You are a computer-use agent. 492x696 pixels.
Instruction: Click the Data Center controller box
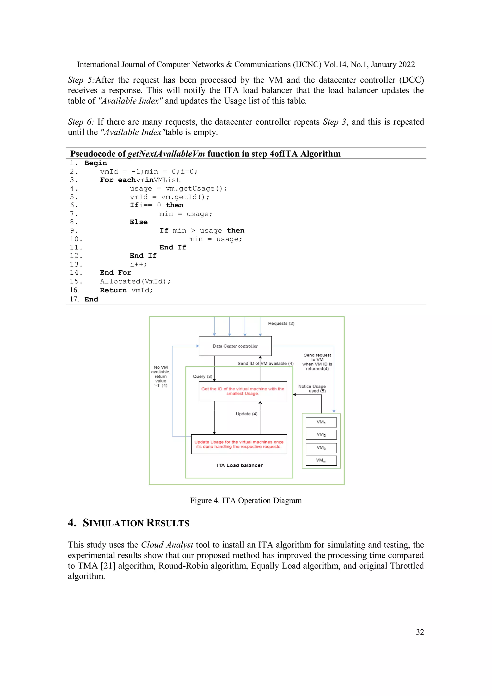point(235,346)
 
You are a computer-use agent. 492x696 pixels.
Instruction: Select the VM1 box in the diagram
point(321,422)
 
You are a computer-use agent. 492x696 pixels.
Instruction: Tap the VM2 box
point(321,434)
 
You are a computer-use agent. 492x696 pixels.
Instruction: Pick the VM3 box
point(321,448)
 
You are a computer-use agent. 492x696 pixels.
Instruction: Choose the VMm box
point(321,461)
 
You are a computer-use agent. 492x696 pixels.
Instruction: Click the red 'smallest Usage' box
point(243,391)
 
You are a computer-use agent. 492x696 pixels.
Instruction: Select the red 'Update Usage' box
point(239,444)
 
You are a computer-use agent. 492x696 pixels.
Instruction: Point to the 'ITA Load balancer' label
point(240,465)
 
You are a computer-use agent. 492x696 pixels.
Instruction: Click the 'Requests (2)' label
point(281,323)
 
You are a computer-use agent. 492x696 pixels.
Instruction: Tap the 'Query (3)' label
point(203,376)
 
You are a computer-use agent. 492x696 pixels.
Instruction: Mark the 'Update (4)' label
point(246,414)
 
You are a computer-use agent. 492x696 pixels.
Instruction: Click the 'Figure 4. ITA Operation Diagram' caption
point(246,500)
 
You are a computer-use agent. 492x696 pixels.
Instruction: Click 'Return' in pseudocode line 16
point(113,290)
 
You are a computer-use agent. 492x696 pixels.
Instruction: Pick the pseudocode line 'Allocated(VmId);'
point(135,281)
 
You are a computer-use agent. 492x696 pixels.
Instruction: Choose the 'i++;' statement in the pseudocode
point(138,264)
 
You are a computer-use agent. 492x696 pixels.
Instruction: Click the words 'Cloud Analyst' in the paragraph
point(167,545)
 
